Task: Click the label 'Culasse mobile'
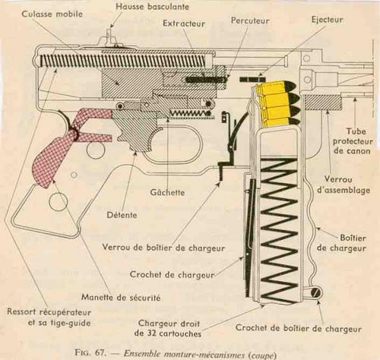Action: [x=52, y=14]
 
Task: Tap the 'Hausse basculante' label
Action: [x=153, y=7]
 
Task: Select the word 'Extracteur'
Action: [x=184, y=24]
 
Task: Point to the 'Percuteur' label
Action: [x=250, y=21]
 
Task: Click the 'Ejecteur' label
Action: [x=327, y=20]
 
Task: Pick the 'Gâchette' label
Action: [x=167, y=192]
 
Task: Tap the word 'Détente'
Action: [x=122, y=215]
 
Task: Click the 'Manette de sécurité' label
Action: [x=121, y=297]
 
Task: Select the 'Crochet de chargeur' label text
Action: [x=172, y=274]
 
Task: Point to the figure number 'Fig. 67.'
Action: [x=90, y=352]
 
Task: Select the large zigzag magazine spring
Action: [x=279, y=228]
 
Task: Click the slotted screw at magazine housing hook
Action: [x=316, y=293]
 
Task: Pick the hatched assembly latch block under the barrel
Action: [x=323, y=103]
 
